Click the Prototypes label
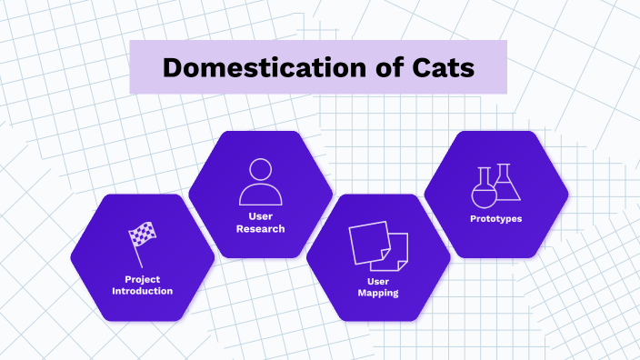[496, 219]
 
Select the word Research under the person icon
[261, 229]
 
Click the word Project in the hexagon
[143, 279]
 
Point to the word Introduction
[143, 291]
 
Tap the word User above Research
[261, 216]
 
